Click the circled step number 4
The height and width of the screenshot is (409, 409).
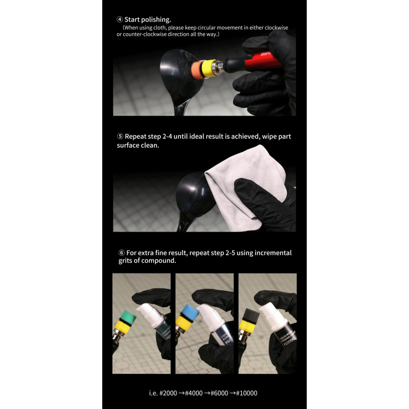[x=120, y=19]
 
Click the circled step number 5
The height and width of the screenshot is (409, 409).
[x=120, y=137]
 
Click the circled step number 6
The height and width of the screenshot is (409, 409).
[x=121, y=253]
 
